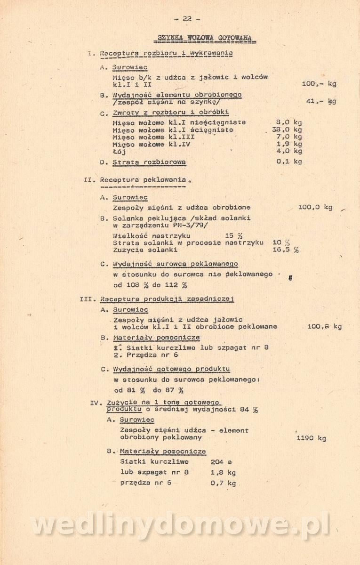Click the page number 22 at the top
coord(187,19)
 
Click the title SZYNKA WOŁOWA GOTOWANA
coord(204,38)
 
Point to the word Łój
coord(119,152)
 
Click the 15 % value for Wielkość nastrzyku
coord(233,235)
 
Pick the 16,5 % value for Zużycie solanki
coord(285,250)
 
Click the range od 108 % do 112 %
coord(150,285)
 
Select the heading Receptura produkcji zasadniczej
coord(167,299)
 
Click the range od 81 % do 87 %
coord(149,390)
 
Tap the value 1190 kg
coord(311,438)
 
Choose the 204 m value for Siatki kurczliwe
coord(221,462)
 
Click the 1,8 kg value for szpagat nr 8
coord(223,472)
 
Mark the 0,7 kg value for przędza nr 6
coord(223,483)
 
